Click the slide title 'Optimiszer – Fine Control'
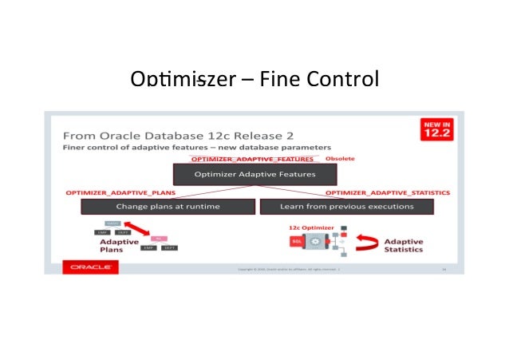[x=254, y=81]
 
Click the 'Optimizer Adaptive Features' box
[x=254, y=174]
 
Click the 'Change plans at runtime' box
[x=168, y=207]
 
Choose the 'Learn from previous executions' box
[x=345, y=207]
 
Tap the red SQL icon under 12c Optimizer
[x=294, y=240]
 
